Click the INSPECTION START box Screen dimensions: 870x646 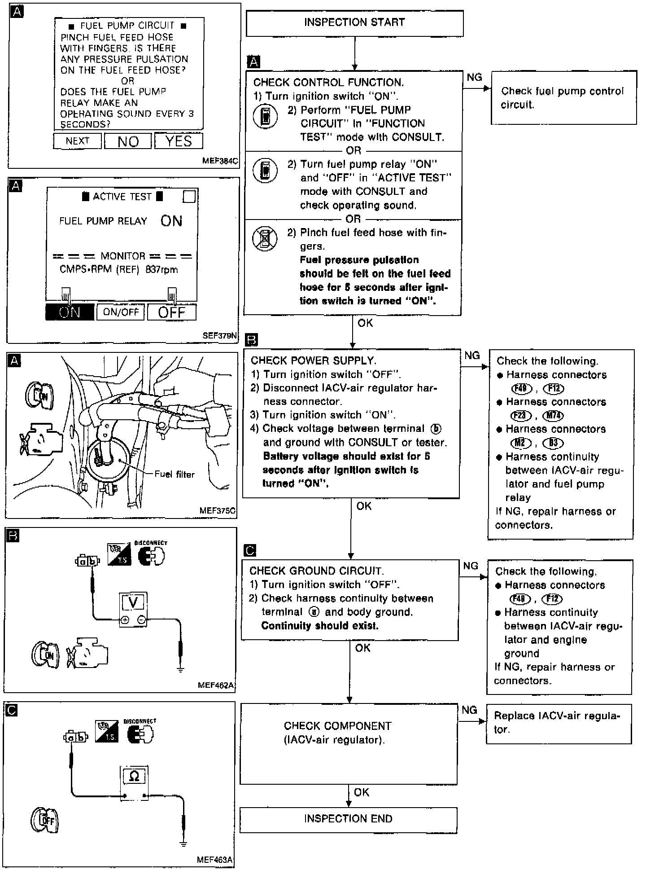coord(354,23)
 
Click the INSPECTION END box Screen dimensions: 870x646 coord(348,819)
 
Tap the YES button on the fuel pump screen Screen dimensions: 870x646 coord(179,141)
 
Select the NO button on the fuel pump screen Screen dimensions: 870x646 coord(128,142)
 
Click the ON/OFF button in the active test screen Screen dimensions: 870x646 coord(121,312)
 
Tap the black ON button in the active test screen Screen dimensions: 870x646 coord(70,312)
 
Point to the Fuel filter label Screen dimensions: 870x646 coord(175,474)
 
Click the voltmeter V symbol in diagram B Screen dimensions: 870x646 coord(133,602)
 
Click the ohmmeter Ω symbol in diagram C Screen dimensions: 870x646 coord(134,776)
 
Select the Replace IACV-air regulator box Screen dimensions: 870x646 coord(559,723)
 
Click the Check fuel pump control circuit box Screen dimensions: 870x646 coord(563,97)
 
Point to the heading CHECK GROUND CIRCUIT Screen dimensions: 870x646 coord(316,571)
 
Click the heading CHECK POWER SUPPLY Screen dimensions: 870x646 coord(313,360)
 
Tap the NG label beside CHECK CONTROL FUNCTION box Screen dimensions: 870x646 coord(474,78)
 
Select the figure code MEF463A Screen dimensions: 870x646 coord(215,860)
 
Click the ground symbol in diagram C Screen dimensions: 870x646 coord(183,844)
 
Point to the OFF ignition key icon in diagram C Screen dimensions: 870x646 coord(45,820)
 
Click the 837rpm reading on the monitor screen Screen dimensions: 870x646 coord(161,270)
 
